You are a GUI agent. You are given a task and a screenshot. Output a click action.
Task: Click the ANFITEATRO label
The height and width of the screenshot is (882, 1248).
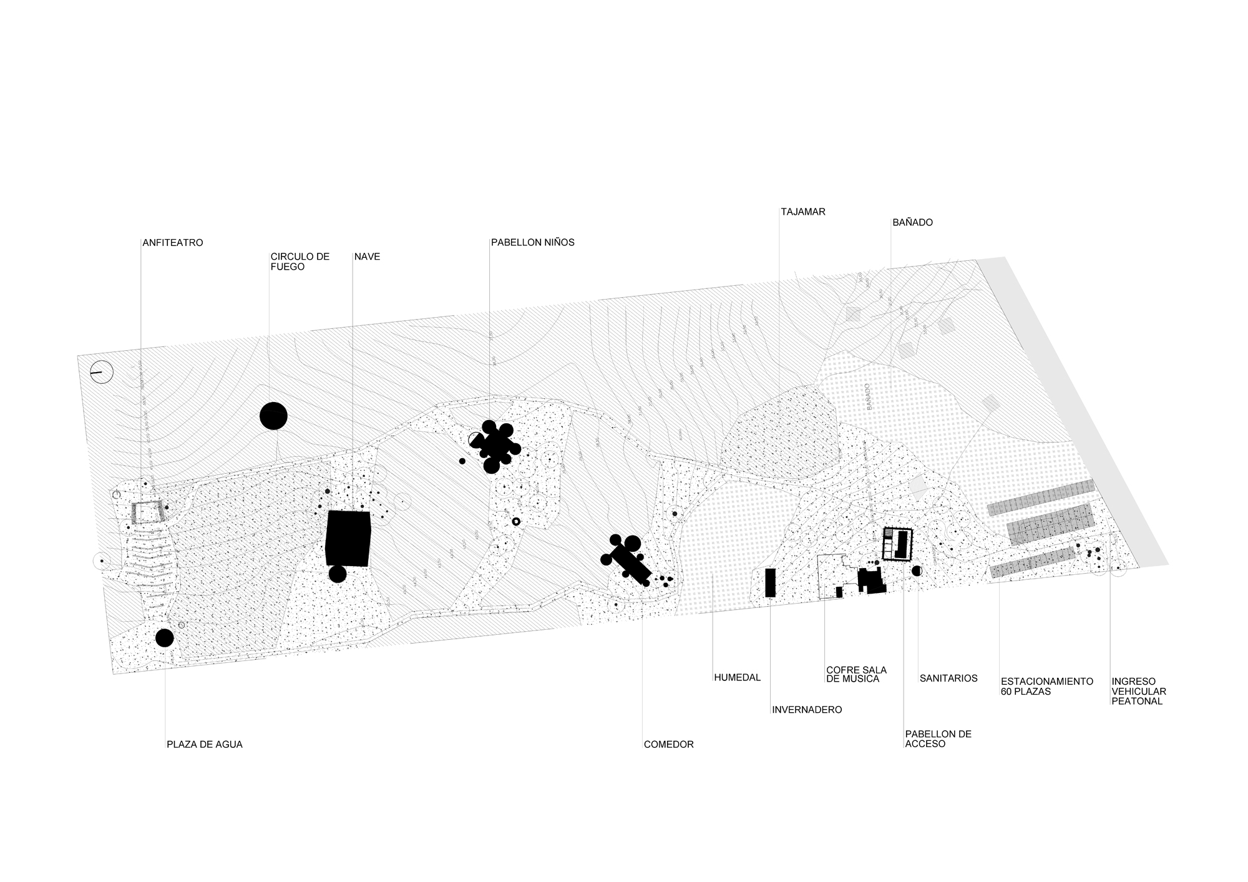tap(173, 243)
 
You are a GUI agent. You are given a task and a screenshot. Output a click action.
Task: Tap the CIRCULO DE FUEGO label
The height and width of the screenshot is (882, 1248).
tap(300, 262)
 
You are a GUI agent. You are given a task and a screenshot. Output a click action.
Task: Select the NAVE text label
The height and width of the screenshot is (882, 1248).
tap(367, 257)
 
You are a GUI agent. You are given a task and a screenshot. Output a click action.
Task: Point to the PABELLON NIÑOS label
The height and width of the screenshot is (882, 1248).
tap(532, 243)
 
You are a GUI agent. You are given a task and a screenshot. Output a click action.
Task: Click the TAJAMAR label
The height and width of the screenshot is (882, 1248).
tap(803, 212)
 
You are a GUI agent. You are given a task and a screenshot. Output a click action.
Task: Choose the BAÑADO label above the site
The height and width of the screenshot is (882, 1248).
tap(912, 223)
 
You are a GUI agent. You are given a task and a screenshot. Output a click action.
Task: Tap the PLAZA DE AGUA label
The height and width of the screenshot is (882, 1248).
tap(205, 745)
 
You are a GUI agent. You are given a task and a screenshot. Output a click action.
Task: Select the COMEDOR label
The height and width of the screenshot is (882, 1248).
tap(669, 745)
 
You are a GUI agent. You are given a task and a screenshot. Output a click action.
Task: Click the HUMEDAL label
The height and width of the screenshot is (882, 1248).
tap(738, 678)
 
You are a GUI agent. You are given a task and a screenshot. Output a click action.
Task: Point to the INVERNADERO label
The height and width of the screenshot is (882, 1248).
tap(807, 710)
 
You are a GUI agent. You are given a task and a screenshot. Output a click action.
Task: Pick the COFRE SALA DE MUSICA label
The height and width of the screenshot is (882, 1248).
tap(856, 675)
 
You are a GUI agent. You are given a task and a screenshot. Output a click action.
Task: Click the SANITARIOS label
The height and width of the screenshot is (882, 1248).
tap(948, 679)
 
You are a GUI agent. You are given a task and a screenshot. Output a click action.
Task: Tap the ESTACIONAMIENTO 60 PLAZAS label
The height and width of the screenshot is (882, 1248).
tap(1046, 687)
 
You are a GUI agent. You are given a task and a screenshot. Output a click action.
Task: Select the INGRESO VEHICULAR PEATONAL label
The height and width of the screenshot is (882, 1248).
tap(1139, 692)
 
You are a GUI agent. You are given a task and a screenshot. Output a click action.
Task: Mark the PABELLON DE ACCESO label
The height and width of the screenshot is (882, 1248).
tap(938, 739)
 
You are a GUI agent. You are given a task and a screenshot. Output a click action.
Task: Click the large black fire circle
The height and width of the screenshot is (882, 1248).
tap(273, 416)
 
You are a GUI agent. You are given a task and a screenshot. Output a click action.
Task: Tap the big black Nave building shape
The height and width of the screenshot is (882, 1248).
tap(348, 538)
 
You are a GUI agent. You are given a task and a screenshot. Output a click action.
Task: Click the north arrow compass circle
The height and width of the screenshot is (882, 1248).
tap(101, 372)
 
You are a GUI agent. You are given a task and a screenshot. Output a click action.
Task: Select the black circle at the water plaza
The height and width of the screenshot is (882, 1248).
tap(164, 638)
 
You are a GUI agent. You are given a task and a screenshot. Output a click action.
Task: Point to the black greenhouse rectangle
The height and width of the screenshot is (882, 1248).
tap(771, 582)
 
